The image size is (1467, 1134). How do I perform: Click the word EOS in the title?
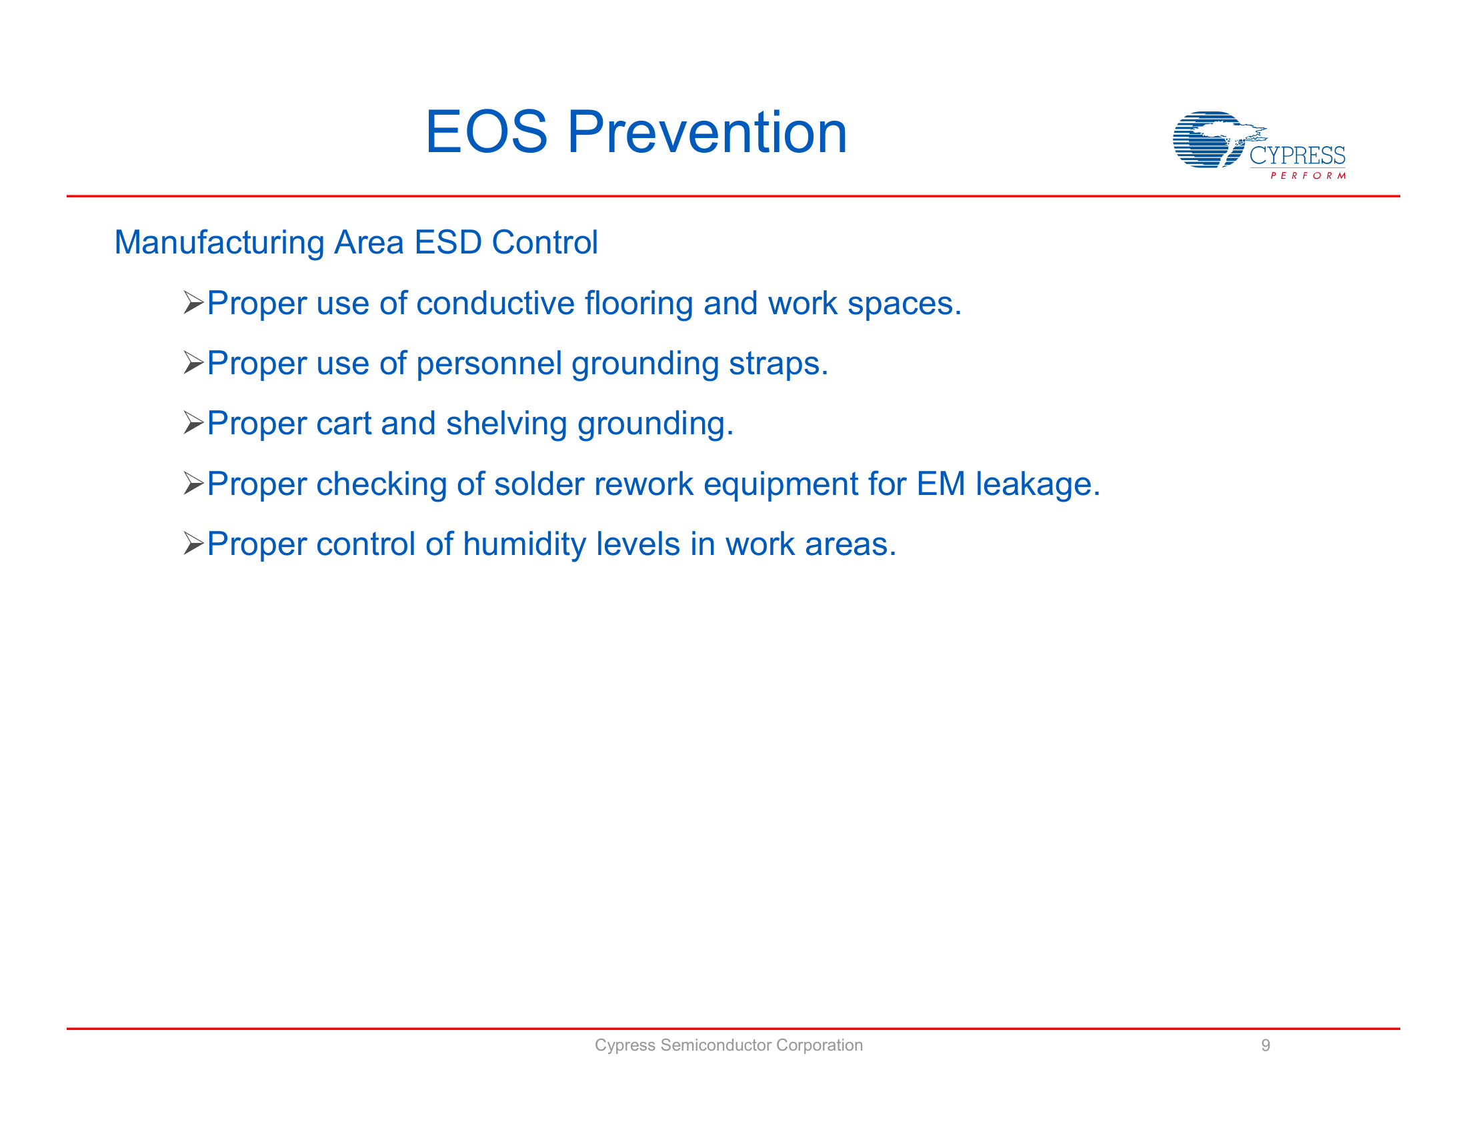pos(486,132)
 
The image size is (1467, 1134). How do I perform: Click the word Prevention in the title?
pos(707,132)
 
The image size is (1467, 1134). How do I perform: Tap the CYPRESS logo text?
pos(1296,156)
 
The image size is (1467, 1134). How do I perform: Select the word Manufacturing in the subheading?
pos(219,243)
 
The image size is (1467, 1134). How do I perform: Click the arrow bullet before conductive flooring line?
pos(193,303)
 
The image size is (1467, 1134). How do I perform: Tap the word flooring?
pos(638,303)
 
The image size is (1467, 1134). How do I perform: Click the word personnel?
pos(488,364)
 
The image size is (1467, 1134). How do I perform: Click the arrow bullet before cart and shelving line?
pos(193,423)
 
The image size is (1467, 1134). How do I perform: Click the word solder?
pos(539,484)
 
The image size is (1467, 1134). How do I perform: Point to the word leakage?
pos(1037,484)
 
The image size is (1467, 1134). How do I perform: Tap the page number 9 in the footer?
pos(1266,1045)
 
